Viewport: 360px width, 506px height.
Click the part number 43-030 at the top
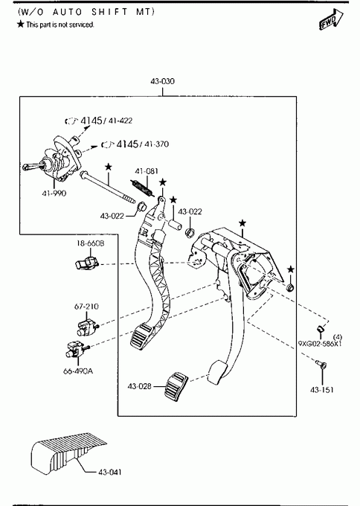tap(163, 81)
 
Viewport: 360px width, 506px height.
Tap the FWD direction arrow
tap(331, 19)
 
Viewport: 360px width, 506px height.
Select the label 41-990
tap(54, 193)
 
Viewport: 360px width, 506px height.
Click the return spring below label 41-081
tap(142, 188)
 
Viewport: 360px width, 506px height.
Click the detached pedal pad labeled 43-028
tap(176, 387)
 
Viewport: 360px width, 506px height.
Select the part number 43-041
tap(110, 472)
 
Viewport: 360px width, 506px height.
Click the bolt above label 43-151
tap(321, 365)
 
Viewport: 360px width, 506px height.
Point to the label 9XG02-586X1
tap(320, 344)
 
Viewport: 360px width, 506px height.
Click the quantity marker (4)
tap(338, 338)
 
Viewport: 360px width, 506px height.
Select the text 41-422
tap(120, 121)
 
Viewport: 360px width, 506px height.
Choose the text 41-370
tap(156, 144)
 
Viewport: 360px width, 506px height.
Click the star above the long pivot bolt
tap(109, 167)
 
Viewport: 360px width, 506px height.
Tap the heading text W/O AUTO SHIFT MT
tap(86, 12)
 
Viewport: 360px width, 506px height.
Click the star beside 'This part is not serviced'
tap(21, 24)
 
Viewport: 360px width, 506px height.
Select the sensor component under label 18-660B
tap(86, 263)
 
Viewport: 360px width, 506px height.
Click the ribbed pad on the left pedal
tap(141, 336)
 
